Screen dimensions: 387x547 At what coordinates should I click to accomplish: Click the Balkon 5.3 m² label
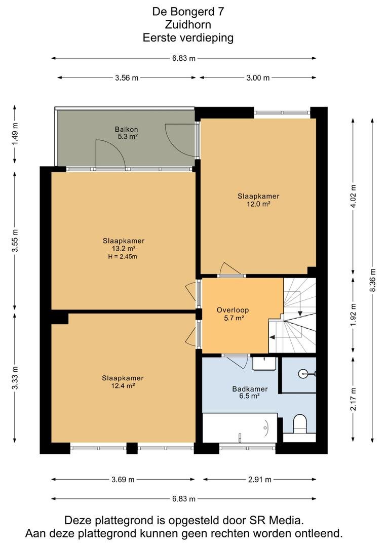tap(127, 133)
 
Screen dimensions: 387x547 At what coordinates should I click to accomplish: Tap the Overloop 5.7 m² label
tap(233, 314)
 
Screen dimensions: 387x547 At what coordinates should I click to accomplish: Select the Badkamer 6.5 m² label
tap(250, 392)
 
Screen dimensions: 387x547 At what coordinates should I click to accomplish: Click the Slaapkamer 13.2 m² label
tap(124, 245)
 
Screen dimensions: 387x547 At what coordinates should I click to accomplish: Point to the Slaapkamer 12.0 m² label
tap(258, 200)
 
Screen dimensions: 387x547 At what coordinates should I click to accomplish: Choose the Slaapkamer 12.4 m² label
tap(123, 382)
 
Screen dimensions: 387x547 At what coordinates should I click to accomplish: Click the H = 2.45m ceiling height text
tap(123, 257)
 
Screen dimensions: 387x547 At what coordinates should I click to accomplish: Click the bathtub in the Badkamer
tap(240, 428)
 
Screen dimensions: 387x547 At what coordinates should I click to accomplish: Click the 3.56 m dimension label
tap(127, 78)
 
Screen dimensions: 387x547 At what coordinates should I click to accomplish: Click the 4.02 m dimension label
tap(354, 196)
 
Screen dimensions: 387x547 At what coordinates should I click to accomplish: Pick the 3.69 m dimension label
tap(123, 479)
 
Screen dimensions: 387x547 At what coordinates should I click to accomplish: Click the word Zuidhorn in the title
tap(188, 25)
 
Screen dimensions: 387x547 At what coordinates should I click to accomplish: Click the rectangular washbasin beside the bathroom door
tap(264, 364)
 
